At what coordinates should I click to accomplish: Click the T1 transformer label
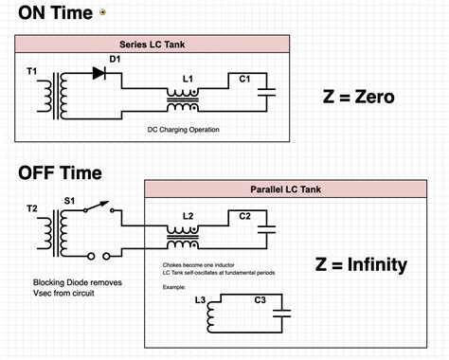coord(31,71)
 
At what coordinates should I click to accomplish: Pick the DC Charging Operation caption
coord(184,129)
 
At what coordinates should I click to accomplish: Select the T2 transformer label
coord(32,207)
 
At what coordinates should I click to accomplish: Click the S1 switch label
coord(69,202)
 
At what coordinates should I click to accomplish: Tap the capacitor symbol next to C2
coord(268,228)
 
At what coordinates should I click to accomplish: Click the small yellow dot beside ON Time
coord(102,13)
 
